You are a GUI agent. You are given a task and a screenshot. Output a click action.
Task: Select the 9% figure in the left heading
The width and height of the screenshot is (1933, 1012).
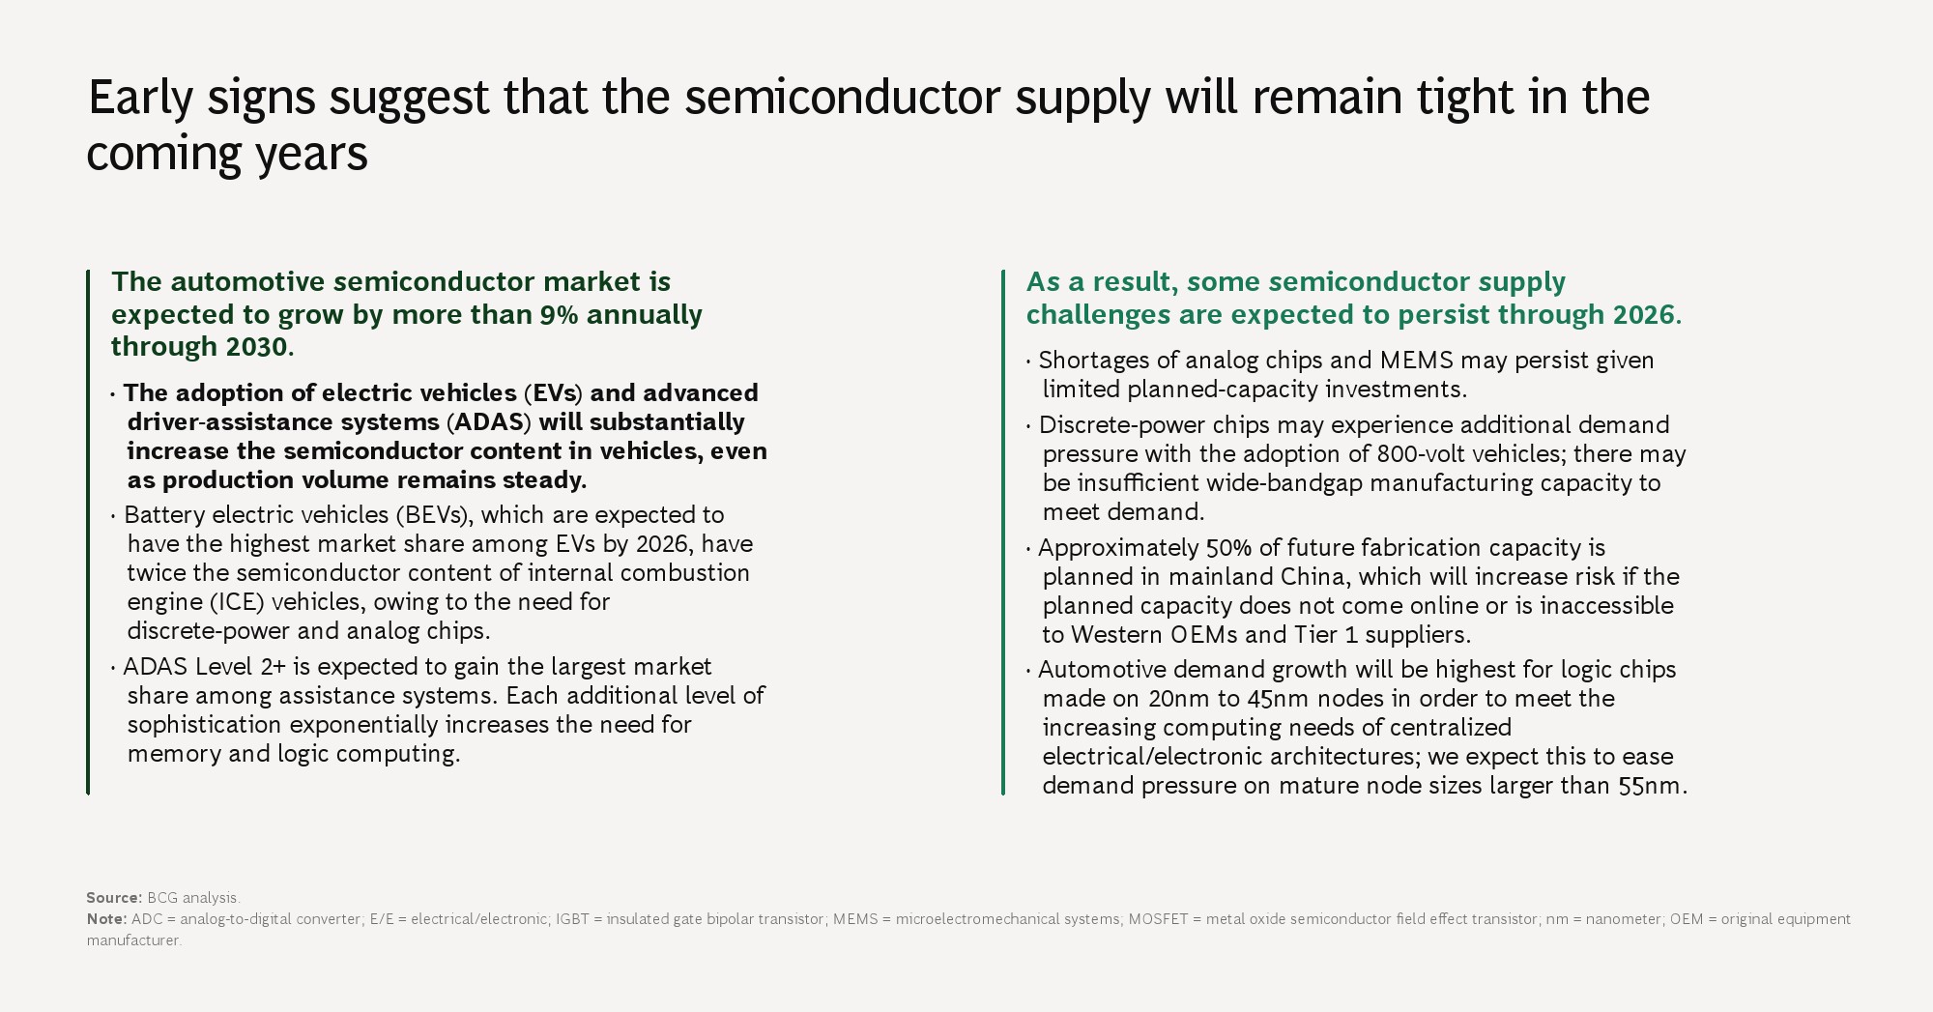(x=559, y=314)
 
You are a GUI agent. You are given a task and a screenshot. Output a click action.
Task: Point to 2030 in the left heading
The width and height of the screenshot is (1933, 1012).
(x=257, y=346)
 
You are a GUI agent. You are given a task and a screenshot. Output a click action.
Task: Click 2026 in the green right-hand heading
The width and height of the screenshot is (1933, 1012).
(x=1644, y=314)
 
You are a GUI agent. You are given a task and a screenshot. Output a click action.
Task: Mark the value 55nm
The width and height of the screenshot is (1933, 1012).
(x=1649, y=785)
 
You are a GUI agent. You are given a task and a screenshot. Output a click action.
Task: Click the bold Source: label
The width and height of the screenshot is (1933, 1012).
(x=114, y=898)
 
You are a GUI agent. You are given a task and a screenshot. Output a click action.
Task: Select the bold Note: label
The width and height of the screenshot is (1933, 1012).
(x=106, y=918)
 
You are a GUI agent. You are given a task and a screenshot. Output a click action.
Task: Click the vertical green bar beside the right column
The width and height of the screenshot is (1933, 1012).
(x=1003, y=532)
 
